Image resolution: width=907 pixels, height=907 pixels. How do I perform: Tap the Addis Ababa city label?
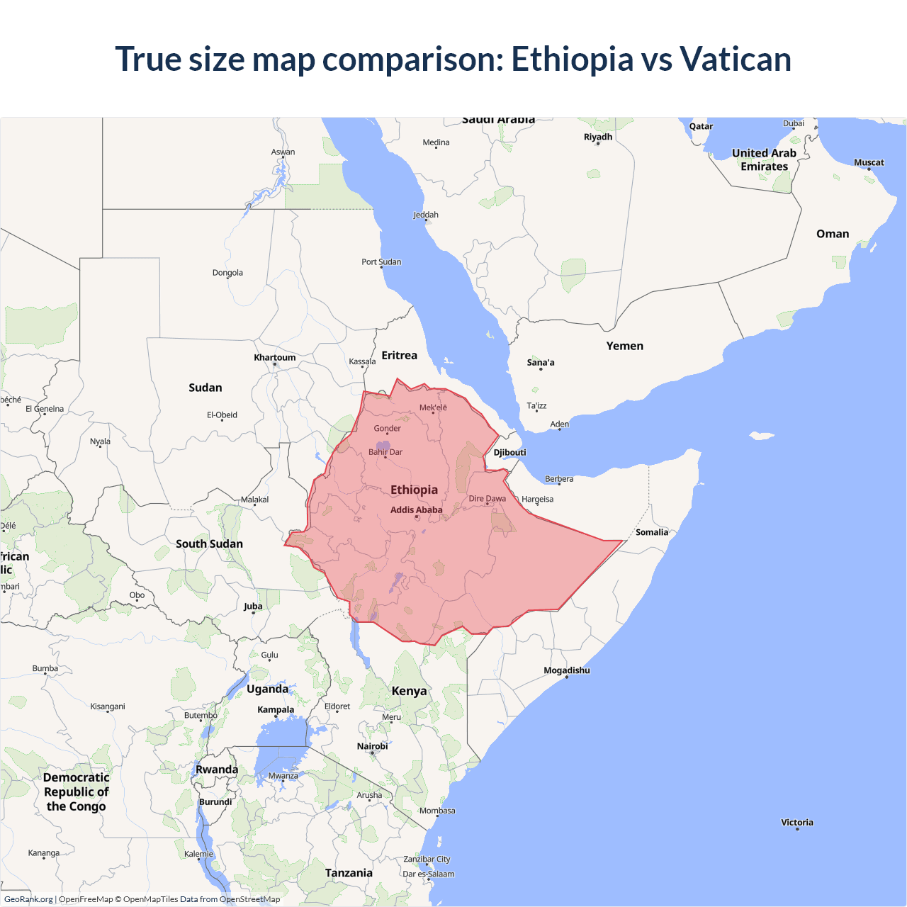point(416,510)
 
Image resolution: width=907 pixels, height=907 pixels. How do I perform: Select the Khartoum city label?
point(275,358)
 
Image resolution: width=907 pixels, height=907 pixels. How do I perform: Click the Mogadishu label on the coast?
point(566,670)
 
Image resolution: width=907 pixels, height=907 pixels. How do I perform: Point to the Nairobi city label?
point(372,746)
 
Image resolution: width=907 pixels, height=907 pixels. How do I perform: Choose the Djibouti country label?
point(509,453)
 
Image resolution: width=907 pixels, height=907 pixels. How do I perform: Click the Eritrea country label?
point(399,356)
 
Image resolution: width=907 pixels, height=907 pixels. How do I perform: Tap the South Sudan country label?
point(209,544)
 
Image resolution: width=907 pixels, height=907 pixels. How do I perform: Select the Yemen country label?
point(624,346)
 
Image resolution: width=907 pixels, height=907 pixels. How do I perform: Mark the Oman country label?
point(832,234)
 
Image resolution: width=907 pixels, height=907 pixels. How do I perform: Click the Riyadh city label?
point(597,137)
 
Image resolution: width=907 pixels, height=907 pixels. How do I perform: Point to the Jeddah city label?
point(426,215)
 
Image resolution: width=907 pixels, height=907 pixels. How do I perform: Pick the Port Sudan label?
point(381,262)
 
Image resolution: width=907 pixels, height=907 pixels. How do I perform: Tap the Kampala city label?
point(276,709)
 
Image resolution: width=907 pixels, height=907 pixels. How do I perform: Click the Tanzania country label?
point(349,873)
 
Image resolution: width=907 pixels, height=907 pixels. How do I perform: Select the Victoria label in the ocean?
point(797,823)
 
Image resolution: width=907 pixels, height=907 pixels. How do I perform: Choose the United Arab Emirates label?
point(764,159)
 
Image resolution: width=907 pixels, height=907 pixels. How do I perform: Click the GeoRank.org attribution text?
point(28,899)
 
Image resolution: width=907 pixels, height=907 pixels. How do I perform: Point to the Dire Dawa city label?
point(488,499)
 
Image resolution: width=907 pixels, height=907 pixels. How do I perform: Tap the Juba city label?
point(253,606)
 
